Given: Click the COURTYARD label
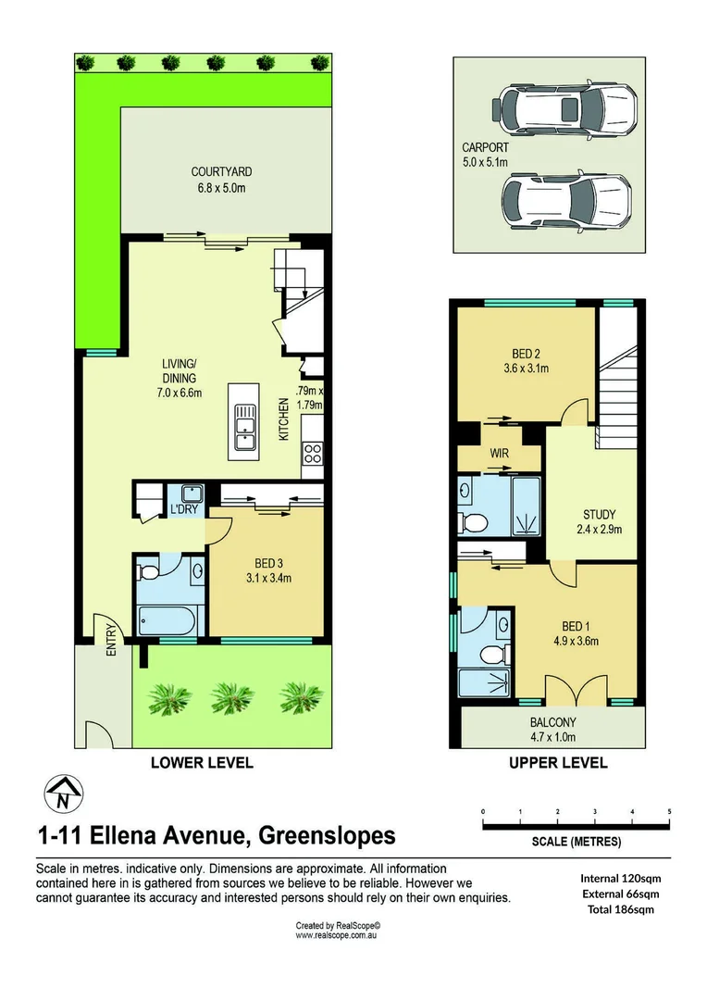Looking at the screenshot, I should [x=221, y=171].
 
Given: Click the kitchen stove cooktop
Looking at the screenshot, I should [x=313, y=454].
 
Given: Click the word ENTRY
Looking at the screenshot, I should [x=111, y=638].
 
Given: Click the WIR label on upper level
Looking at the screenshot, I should [x=499, y=454].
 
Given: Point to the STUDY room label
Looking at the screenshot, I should [x=599, y=515].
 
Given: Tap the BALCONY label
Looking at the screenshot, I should [x=553, y=722].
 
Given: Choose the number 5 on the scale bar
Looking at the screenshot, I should [x=669, y=811].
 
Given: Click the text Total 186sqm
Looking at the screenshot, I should [x=619, y=909].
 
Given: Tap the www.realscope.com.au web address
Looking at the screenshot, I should [x=339, y=936].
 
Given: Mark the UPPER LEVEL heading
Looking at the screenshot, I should [x=558, y=763].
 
